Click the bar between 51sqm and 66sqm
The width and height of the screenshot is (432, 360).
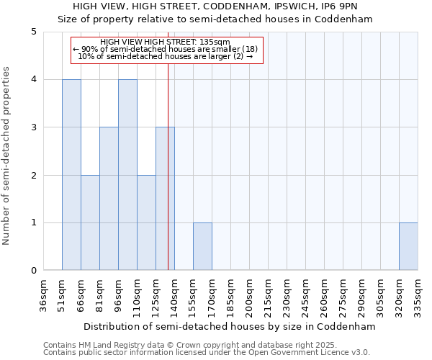[x=71, y=175]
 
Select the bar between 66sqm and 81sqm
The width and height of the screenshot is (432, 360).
[x=90, y=222]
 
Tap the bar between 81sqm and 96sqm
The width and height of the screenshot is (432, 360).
[x=109, y=199]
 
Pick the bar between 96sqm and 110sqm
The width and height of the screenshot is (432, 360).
[x=127, y=175]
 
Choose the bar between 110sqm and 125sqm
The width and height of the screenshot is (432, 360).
[x=146, y=222]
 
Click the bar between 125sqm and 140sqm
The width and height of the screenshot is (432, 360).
[x=165, y=199]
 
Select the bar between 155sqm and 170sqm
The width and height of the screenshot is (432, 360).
[x=202, y=246]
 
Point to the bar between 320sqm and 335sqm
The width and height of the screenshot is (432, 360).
[x=408, y=246]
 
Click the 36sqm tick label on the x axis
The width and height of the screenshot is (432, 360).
[x=44, y=295]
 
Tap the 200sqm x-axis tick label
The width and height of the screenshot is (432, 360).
[x=250, y=295]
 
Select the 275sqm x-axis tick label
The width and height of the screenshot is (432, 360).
[x=343, y=295]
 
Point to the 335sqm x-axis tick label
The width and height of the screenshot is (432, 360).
[x=418, y=295]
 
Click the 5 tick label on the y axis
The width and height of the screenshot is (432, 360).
[x=34, y=32]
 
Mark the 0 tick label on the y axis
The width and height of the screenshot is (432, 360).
[x=34, y=271]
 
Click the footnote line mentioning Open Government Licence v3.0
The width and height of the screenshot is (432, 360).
[x=207, y=353]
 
